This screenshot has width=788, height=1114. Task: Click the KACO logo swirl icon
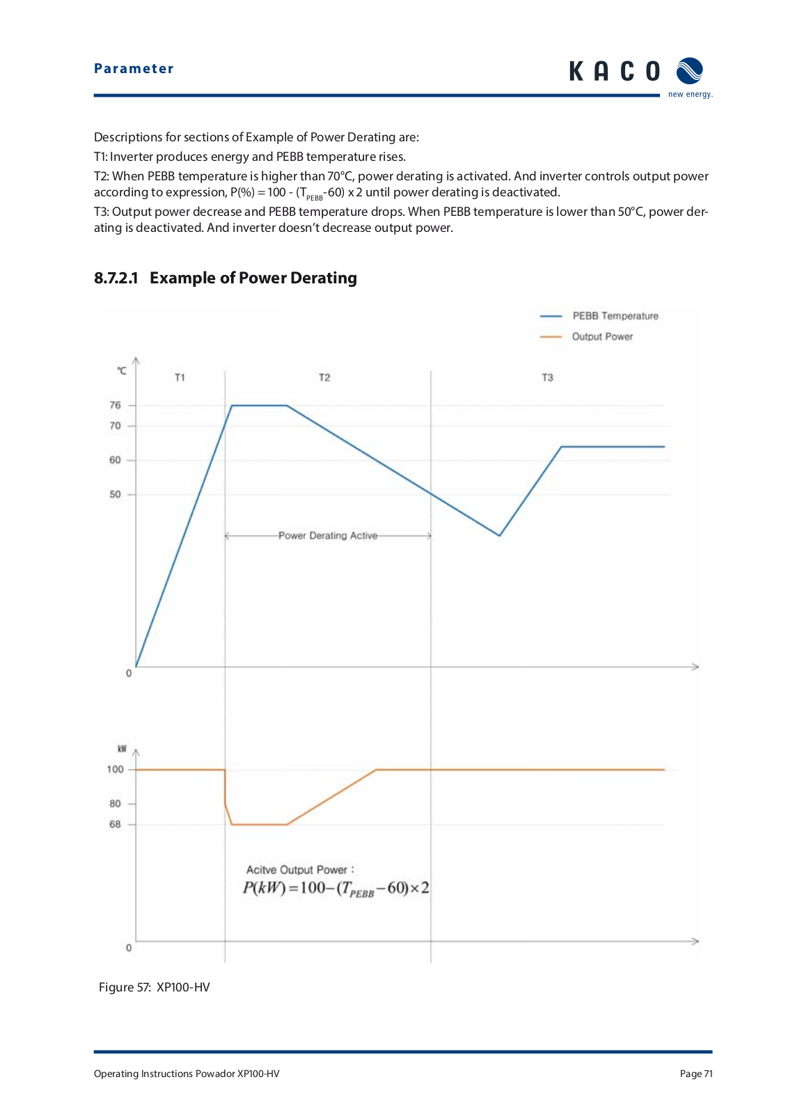[x=689, y=70]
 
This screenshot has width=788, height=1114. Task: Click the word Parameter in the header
[x=134, y=68]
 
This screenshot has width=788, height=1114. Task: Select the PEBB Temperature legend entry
[x=599, y=316]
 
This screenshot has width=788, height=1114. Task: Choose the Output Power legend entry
[x=586, y=337]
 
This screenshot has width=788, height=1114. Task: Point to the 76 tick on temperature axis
[x=115, y=405]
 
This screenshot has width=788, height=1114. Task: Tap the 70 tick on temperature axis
[x=115, y=425]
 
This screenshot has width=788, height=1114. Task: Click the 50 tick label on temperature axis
[x=115, y=494]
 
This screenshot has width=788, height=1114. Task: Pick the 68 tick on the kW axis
[x=115, y=824]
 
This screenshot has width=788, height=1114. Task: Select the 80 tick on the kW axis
[x=115, y=803]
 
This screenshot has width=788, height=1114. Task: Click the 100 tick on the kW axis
[x=115, y=769]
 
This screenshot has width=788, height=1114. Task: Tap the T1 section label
[x=180, y=377]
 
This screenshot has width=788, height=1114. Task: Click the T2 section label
[x=324, y=377]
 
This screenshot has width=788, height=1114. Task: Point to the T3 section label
[x=547, y=377]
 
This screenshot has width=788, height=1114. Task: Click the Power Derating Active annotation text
[x=328, y=535]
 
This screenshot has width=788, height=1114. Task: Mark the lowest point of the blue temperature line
[x=499, y=535]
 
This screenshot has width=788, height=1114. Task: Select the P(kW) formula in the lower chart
[x=336, y=888]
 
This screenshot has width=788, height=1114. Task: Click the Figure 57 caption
[x=154, y=987]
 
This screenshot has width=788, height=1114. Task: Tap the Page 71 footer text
[x=696, y=1074]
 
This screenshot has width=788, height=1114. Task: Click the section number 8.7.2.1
[x=116, y=278]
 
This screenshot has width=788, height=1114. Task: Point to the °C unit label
[x=122, y=371]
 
